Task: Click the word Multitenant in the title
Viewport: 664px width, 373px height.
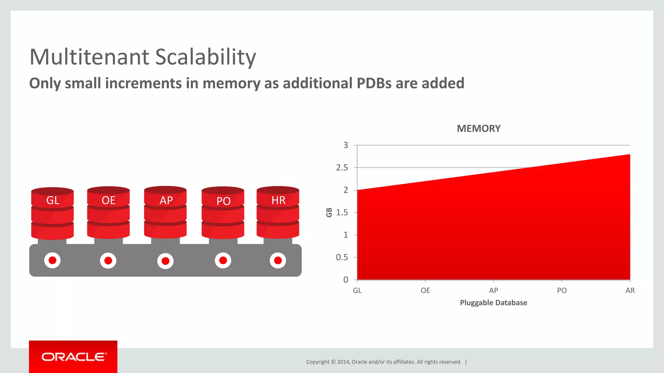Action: coord(89,57)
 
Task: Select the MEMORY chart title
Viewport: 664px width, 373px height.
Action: coord(479,129)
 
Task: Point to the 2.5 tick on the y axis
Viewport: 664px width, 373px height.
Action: coord(342,168)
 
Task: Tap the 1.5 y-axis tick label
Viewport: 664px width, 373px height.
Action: coord(342,213)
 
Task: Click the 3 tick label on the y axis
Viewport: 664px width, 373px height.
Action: coord(346,145)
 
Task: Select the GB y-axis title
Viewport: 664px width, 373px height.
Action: coord(329,212)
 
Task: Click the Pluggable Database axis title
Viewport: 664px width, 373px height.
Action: coord(493,303)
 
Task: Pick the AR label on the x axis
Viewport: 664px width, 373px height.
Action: coord(630,291)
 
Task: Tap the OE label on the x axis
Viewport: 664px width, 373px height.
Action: coord(425,291)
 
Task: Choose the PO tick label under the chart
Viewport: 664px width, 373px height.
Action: coord(562,291)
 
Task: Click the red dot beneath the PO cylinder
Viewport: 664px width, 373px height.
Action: coord(223,260)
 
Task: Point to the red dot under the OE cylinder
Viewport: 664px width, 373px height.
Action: coord(108,261)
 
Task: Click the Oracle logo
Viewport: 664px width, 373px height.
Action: coord(73,357)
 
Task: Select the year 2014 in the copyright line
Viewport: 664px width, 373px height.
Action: coord(343,362)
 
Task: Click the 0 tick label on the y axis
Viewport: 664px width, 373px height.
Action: coord(346,280)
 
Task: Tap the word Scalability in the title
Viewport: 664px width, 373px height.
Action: coord(206,57)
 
